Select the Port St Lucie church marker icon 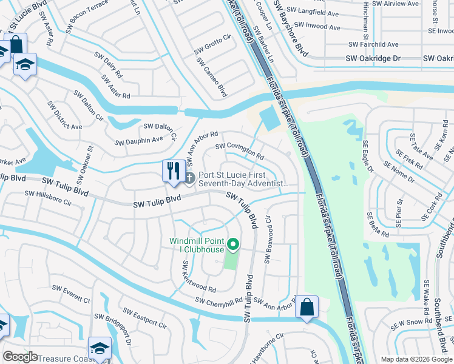point(189,178)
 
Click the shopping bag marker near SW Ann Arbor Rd point(307,307)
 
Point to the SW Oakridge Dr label point(373,58)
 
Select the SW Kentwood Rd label point(199,277)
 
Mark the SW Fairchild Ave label point(374,44)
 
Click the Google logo point(21,357)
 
